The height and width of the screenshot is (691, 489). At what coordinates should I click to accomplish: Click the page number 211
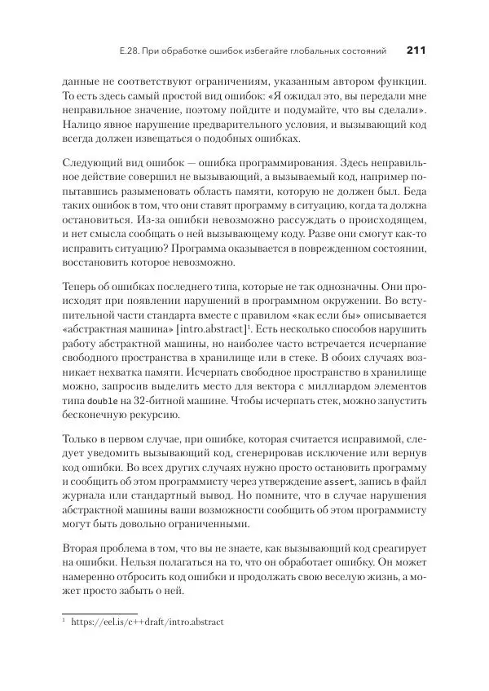coord(416,51)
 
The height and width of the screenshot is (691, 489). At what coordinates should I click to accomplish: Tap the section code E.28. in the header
coord(131,51)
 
